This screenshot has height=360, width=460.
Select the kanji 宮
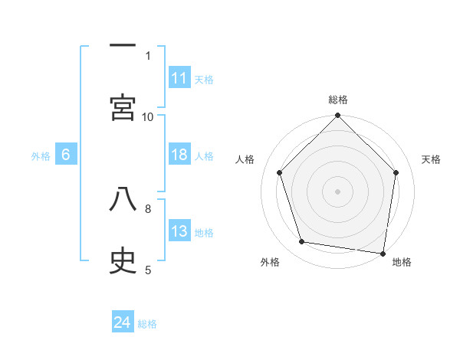(x=123, y=107)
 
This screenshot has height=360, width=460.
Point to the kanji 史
(x=123, y=260)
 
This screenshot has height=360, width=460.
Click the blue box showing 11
(x=179, y=78)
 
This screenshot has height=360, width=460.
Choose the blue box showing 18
(x=179, y=155)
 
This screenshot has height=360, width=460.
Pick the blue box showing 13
(x=179, y=231)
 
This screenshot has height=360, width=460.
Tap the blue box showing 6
(x=66, y=155)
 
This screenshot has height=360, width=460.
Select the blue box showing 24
(x=123, y=322)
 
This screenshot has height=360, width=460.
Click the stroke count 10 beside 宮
(x=148, y=116)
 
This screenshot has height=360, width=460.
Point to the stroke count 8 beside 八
(x=148, y=208)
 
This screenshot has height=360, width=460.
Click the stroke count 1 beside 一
(x=148, y=55)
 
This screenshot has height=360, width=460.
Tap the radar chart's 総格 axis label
(x=338, y=100)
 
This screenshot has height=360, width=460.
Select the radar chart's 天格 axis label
(x=432, y=159)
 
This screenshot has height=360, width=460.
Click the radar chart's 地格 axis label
(x=402, y=263)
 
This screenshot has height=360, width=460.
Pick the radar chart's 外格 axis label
(x=270, y=263)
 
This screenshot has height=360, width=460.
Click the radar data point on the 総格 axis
(x=338, y=116)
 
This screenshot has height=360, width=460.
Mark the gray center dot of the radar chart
(x=338, y=191)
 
